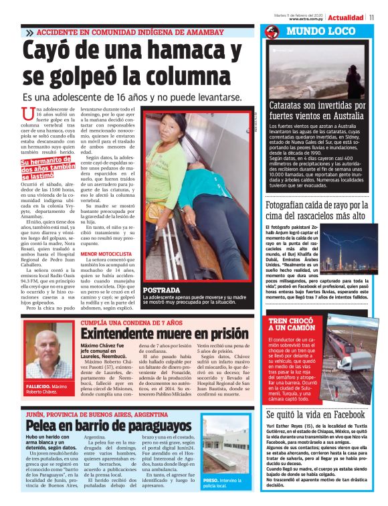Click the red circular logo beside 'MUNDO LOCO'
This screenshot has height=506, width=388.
coord(272,32)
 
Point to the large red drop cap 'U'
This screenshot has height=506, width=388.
coord(27,116)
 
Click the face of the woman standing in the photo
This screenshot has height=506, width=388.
coord(176,128)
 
